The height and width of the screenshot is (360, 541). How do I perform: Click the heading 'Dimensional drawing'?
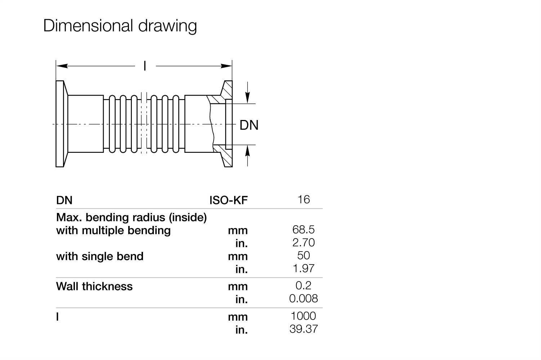click(x=120, y=26)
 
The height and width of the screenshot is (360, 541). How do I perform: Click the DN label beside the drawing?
click(x=249, y=125)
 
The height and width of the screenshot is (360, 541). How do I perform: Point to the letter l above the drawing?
click(x=145, y=66)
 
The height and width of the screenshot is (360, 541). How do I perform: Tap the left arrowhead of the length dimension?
click(x=62, y=66)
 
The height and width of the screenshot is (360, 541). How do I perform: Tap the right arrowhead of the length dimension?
click(x=226, y=66)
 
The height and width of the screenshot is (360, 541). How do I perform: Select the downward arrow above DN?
click(x=247, y=93)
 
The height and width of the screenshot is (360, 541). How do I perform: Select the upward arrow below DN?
click(x=247, y=156)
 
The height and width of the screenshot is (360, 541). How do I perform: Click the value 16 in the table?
click(x=304, y=200)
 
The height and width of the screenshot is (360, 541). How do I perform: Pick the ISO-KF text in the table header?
click(x=228, y=200)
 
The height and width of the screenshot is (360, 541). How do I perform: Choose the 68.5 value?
click(x=303, y=230)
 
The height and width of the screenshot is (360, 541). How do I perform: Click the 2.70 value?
click(x=304, y=242)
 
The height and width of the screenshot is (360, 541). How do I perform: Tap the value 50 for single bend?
click(x=304, y=255)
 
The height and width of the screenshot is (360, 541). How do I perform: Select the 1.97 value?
click(x=304, y=268)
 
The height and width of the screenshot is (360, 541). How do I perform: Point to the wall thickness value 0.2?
click(x=303, y=285)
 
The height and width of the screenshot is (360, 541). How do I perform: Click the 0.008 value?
click(x=303, y=299)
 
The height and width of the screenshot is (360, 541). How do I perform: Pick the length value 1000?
click(x=303, y=316)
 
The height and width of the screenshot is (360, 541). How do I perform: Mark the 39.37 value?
click(x=304, y=329)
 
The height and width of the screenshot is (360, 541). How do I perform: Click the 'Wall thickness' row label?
click(x=94, y=286)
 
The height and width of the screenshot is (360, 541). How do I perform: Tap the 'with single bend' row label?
click(x=100, y=256)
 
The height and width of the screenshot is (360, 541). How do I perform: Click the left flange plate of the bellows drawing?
click(x=60, y=124)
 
